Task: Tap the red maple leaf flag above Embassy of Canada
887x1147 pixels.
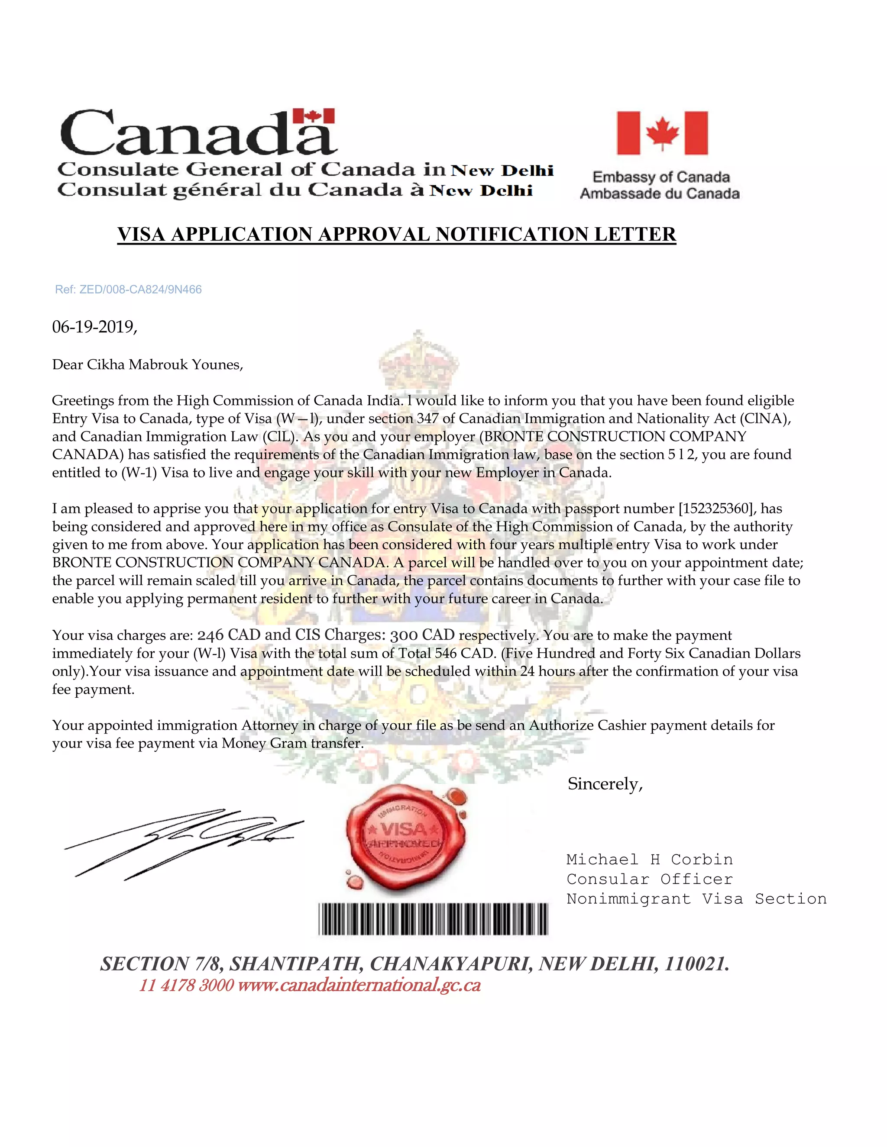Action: coord(662,132)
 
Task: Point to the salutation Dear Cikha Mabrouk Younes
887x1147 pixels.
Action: coord(147,364)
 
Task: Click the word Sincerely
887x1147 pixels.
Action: coord(604,784)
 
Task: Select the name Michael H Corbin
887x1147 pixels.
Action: coord(649,860)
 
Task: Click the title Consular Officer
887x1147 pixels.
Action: coord(649,879)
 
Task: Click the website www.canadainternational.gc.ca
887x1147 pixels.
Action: coord(359,985)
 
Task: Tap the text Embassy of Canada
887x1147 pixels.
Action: coord(660,177)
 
